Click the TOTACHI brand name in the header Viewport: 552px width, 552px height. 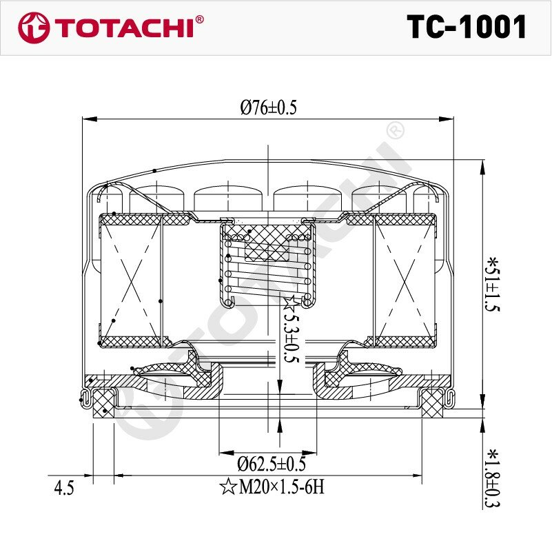click(124, 28)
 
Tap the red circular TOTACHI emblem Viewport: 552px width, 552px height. click(34, 28)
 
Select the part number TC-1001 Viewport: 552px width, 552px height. click(467, 27)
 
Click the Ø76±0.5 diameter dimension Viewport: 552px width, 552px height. click(269, 108)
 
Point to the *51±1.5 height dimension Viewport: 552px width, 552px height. click(492, 285)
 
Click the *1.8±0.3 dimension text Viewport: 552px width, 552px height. click(492, 478)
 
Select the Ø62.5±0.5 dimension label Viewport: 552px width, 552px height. click(272, 464)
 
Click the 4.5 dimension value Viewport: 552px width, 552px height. click(64, 489)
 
